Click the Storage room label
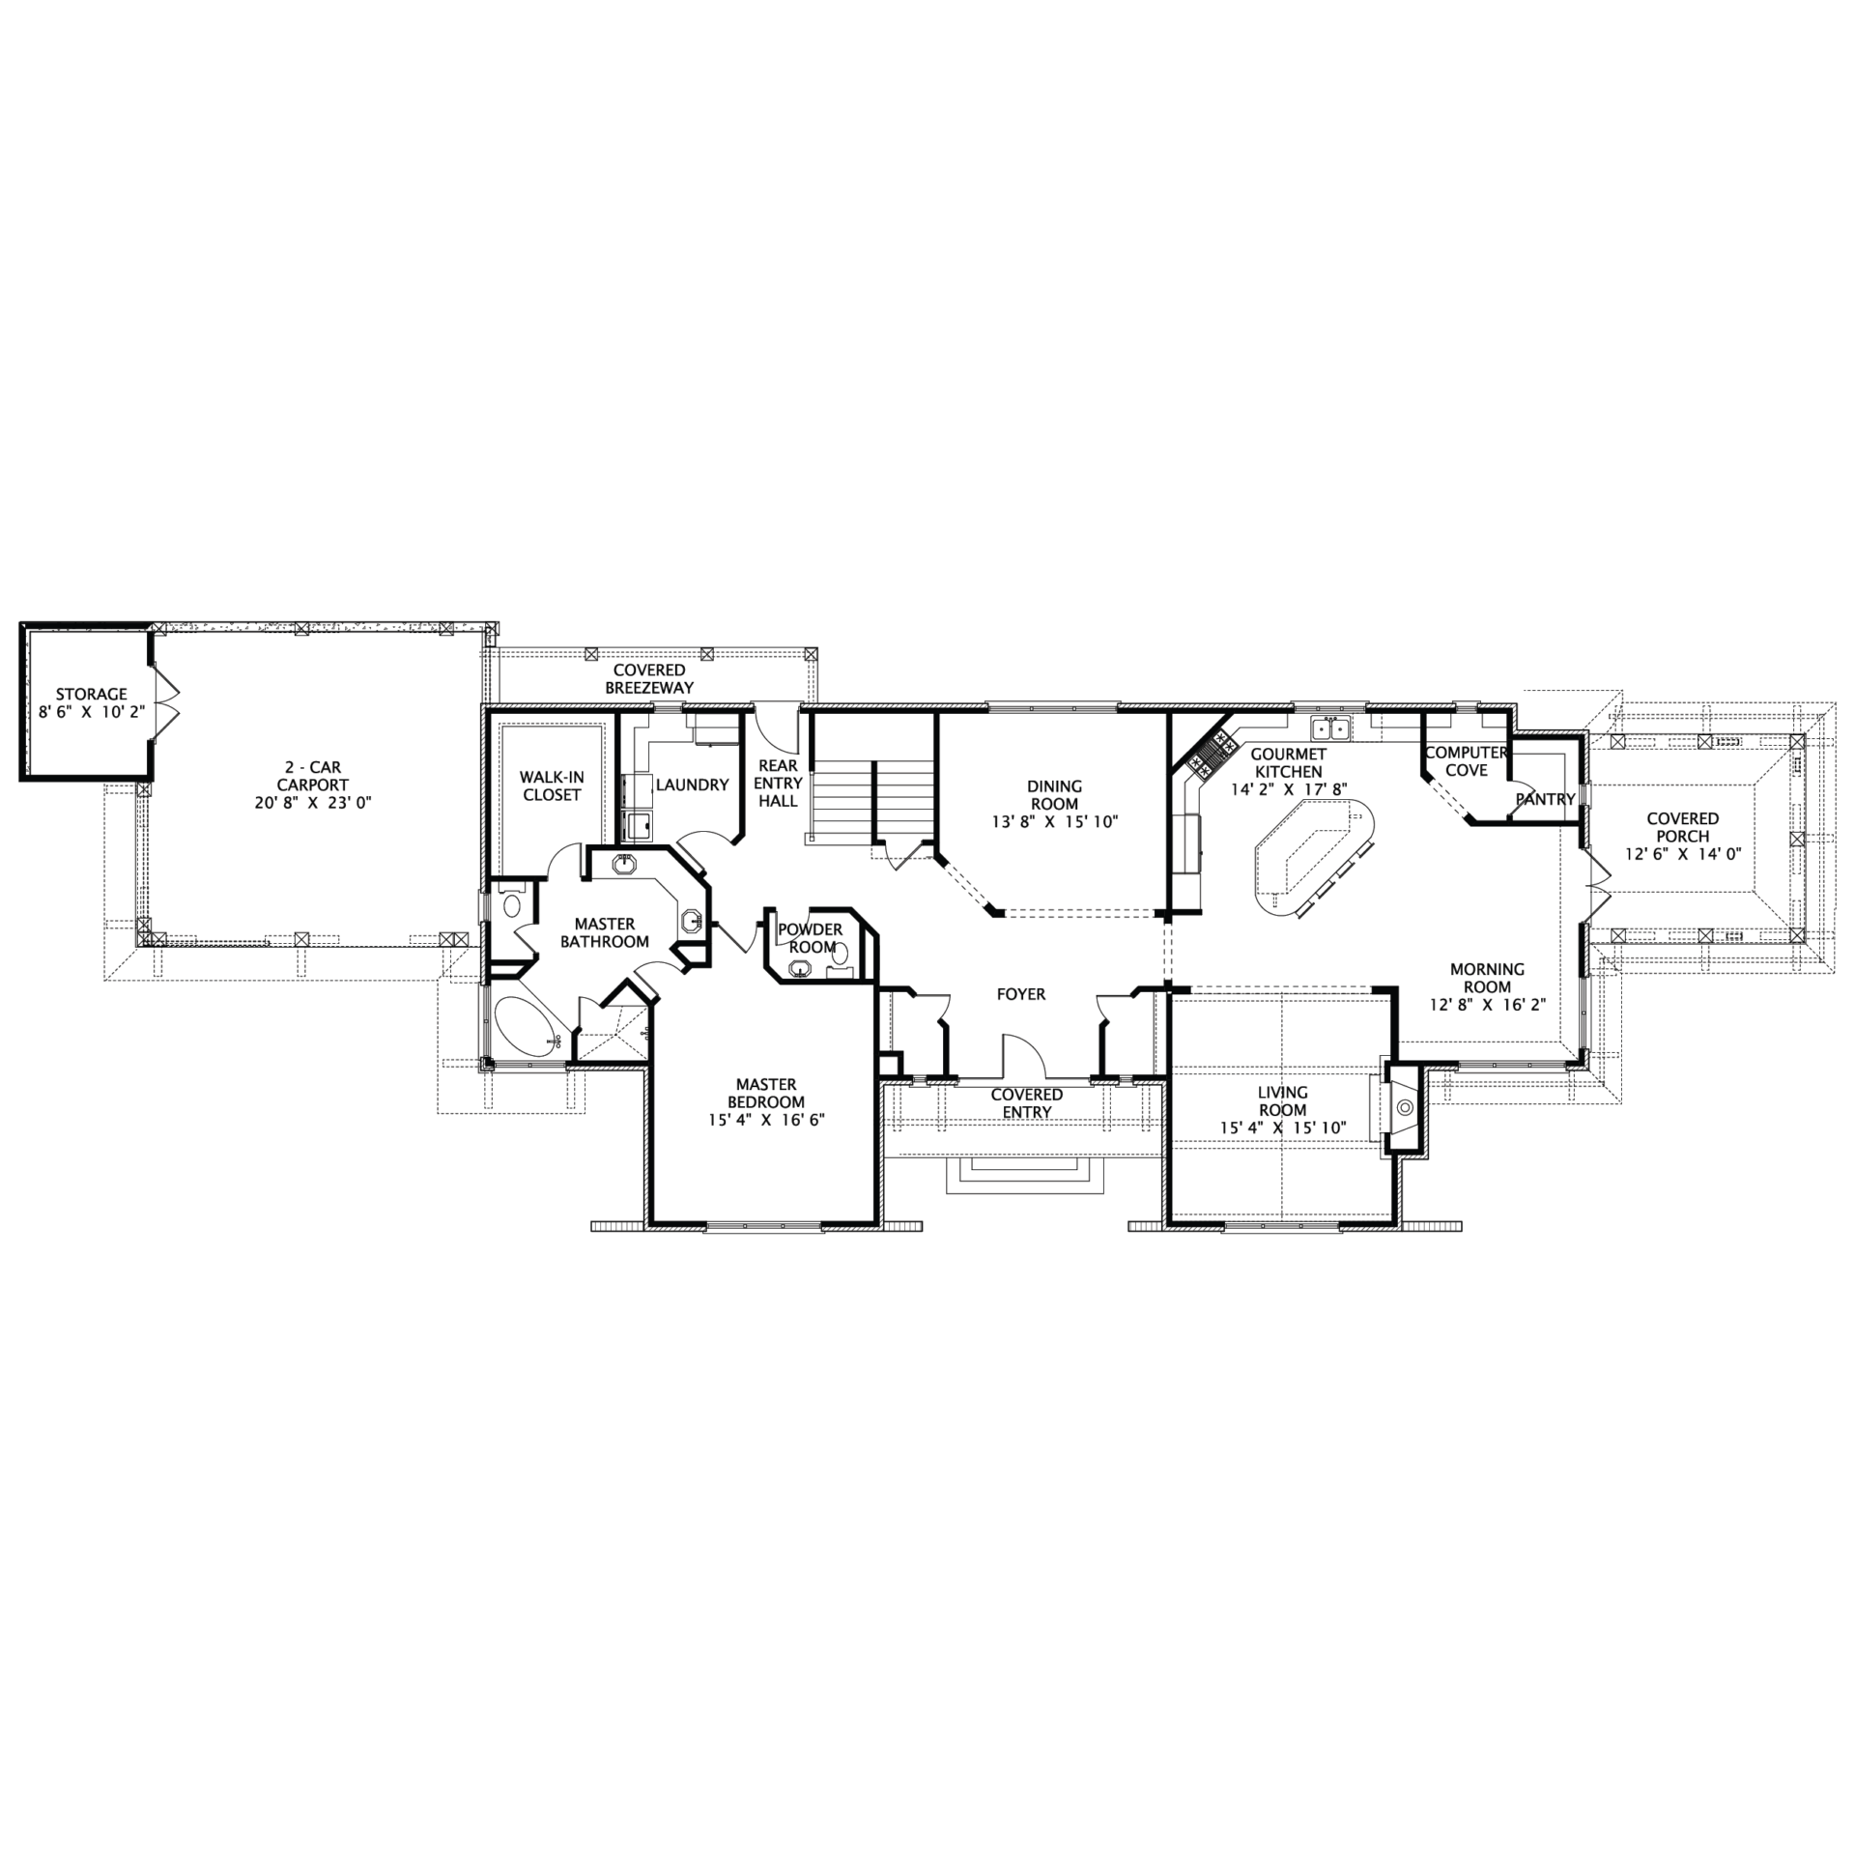coord(91,694)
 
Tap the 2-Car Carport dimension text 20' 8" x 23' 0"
coord(311,803)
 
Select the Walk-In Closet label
coord(551,785)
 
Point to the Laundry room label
coord(692,785)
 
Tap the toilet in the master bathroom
coord(511,904)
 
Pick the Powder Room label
coord(811,938)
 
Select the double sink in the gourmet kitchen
coord(1329,728)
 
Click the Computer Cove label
coord(1466,761)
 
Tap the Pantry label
coord(1545,799)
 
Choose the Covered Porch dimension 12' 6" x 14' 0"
coord(1683,854)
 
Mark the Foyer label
coord(1021,994)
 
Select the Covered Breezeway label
coord(649,678)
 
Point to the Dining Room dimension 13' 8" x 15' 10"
coord(1054,822)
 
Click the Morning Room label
coord(1487,978)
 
